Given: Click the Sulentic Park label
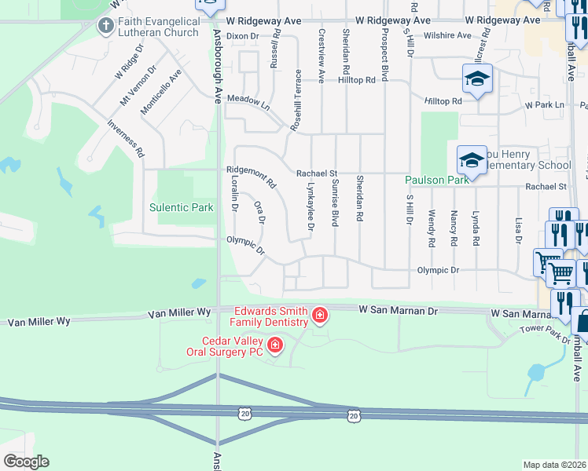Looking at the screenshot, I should click(x=182, y=208).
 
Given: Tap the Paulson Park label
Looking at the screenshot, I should click(x=436, y=180).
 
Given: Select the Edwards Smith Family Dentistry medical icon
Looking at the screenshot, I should click(x=320, y=316).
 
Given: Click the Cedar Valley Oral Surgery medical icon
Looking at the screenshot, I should click(x=274, y=345).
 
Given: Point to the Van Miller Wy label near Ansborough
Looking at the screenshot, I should click(x=180, y=312).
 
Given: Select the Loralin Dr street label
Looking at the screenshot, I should click(x=234, y=192).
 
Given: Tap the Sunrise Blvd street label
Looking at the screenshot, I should click(x=334, y=203).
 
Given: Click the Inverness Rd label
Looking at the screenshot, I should click(x=125, y=134).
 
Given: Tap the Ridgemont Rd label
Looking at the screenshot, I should click(x=251, y=177).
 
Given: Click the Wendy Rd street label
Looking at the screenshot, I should click(x=432, y=228).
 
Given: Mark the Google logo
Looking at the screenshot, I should click(x=25, y=462).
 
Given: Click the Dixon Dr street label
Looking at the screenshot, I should click(x=242, y=36).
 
